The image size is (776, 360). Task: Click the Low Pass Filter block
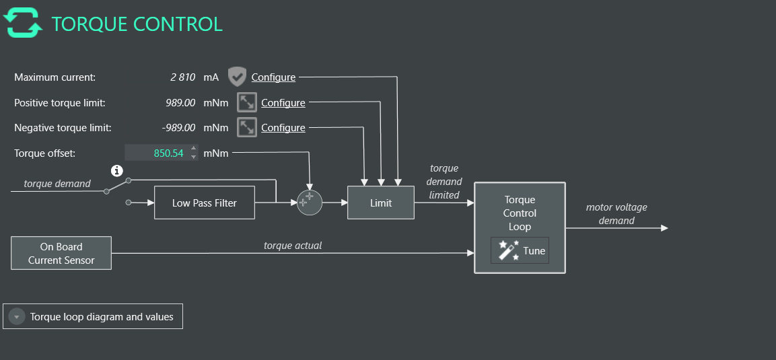(205, 203)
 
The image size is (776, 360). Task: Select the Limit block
(381, 203)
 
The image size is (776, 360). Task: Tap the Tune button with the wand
(520, 250)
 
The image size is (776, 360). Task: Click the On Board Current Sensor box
(61, 253)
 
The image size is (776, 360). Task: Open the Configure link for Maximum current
(273, 77)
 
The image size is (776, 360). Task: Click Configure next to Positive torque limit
(283, 103)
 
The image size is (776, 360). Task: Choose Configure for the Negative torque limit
(283, 128)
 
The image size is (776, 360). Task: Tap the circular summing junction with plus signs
(310, 202)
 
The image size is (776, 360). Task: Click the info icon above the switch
(117, 170)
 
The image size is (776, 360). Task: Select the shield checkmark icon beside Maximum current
(237, 77)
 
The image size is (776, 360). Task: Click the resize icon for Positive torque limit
(247, 103)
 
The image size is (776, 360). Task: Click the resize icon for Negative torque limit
(247, 127)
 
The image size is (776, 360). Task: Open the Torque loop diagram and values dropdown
(93, 316)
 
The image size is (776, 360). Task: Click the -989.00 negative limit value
(178, 128)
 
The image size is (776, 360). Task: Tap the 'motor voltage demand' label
(616, 214)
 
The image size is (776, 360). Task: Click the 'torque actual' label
(293, 246)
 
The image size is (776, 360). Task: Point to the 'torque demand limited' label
(444, 182)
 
